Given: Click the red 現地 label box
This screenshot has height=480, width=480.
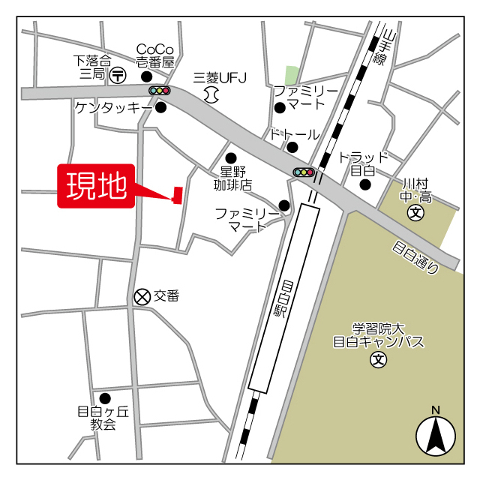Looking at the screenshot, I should click(x=97, y=186).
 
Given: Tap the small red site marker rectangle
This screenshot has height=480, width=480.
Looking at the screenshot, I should click(x=178, y=195).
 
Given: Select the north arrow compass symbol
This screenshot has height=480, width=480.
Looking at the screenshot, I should click(x=435, y=433).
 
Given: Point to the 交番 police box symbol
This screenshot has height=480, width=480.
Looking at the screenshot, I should click(x=142, y=297).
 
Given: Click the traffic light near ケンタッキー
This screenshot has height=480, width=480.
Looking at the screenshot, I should click(x=160, y=91).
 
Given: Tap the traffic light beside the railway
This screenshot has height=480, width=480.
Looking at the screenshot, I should click(x=303, y=172).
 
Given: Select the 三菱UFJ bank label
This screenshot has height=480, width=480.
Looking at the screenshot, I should click(x=220, y=77).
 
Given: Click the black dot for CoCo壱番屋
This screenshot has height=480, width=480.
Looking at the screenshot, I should click(x=147, y=76).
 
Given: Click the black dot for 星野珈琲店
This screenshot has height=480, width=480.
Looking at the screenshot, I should click(x=231, y=157).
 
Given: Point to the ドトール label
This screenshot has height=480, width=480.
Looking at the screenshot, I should click(x=295, y=135).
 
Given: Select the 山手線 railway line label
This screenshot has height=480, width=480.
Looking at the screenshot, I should click(x=384, y=46).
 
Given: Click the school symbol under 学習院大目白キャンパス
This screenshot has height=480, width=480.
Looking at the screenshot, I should click(x=378, y=361).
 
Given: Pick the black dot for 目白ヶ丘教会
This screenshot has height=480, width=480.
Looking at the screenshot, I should click(x=105, y=398).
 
